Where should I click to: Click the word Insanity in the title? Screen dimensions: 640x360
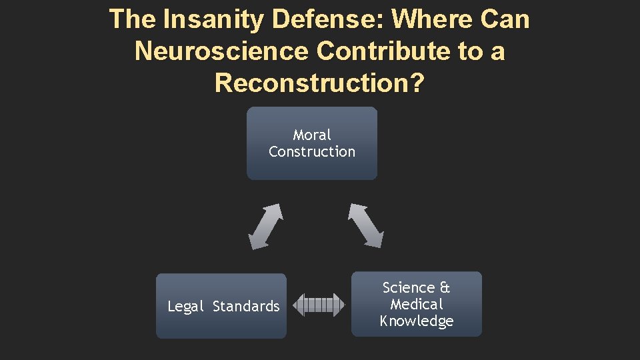(213, 19)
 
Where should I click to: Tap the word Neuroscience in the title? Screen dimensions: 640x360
(221, 51)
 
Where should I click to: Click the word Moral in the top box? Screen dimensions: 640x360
(312, 135)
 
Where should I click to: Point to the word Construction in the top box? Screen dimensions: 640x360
(312, 152)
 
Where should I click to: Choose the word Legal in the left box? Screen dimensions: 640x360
(185, 307)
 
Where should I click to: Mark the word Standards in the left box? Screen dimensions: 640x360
(246, 307)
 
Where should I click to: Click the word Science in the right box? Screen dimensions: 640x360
(408, 288)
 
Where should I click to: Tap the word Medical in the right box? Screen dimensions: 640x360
(417, 305)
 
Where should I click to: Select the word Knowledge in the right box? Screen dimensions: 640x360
(417, 321)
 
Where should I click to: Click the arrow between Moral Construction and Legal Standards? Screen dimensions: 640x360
(265, 226)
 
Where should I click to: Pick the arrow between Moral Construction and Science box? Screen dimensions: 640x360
(365, 225)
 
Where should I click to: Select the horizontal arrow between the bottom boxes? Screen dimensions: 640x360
(319, 305)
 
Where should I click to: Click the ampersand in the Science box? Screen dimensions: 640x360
(445, 288)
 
